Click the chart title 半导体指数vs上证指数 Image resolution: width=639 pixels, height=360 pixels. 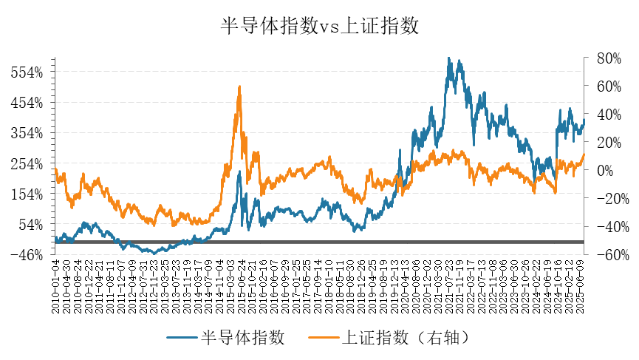320,27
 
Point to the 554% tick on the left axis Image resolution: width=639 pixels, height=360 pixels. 27,72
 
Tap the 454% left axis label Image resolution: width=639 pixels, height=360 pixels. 27,103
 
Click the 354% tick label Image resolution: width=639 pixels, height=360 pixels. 27,133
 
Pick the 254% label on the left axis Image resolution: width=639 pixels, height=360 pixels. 27,163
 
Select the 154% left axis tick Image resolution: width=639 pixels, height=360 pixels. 27,194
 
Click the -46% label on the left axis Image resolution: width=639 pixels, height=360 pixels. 27,254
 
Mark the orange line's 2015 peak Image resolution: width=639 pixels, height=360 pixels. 239,86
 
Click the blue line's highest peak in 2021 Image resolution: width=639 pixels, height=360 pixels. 448,58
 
